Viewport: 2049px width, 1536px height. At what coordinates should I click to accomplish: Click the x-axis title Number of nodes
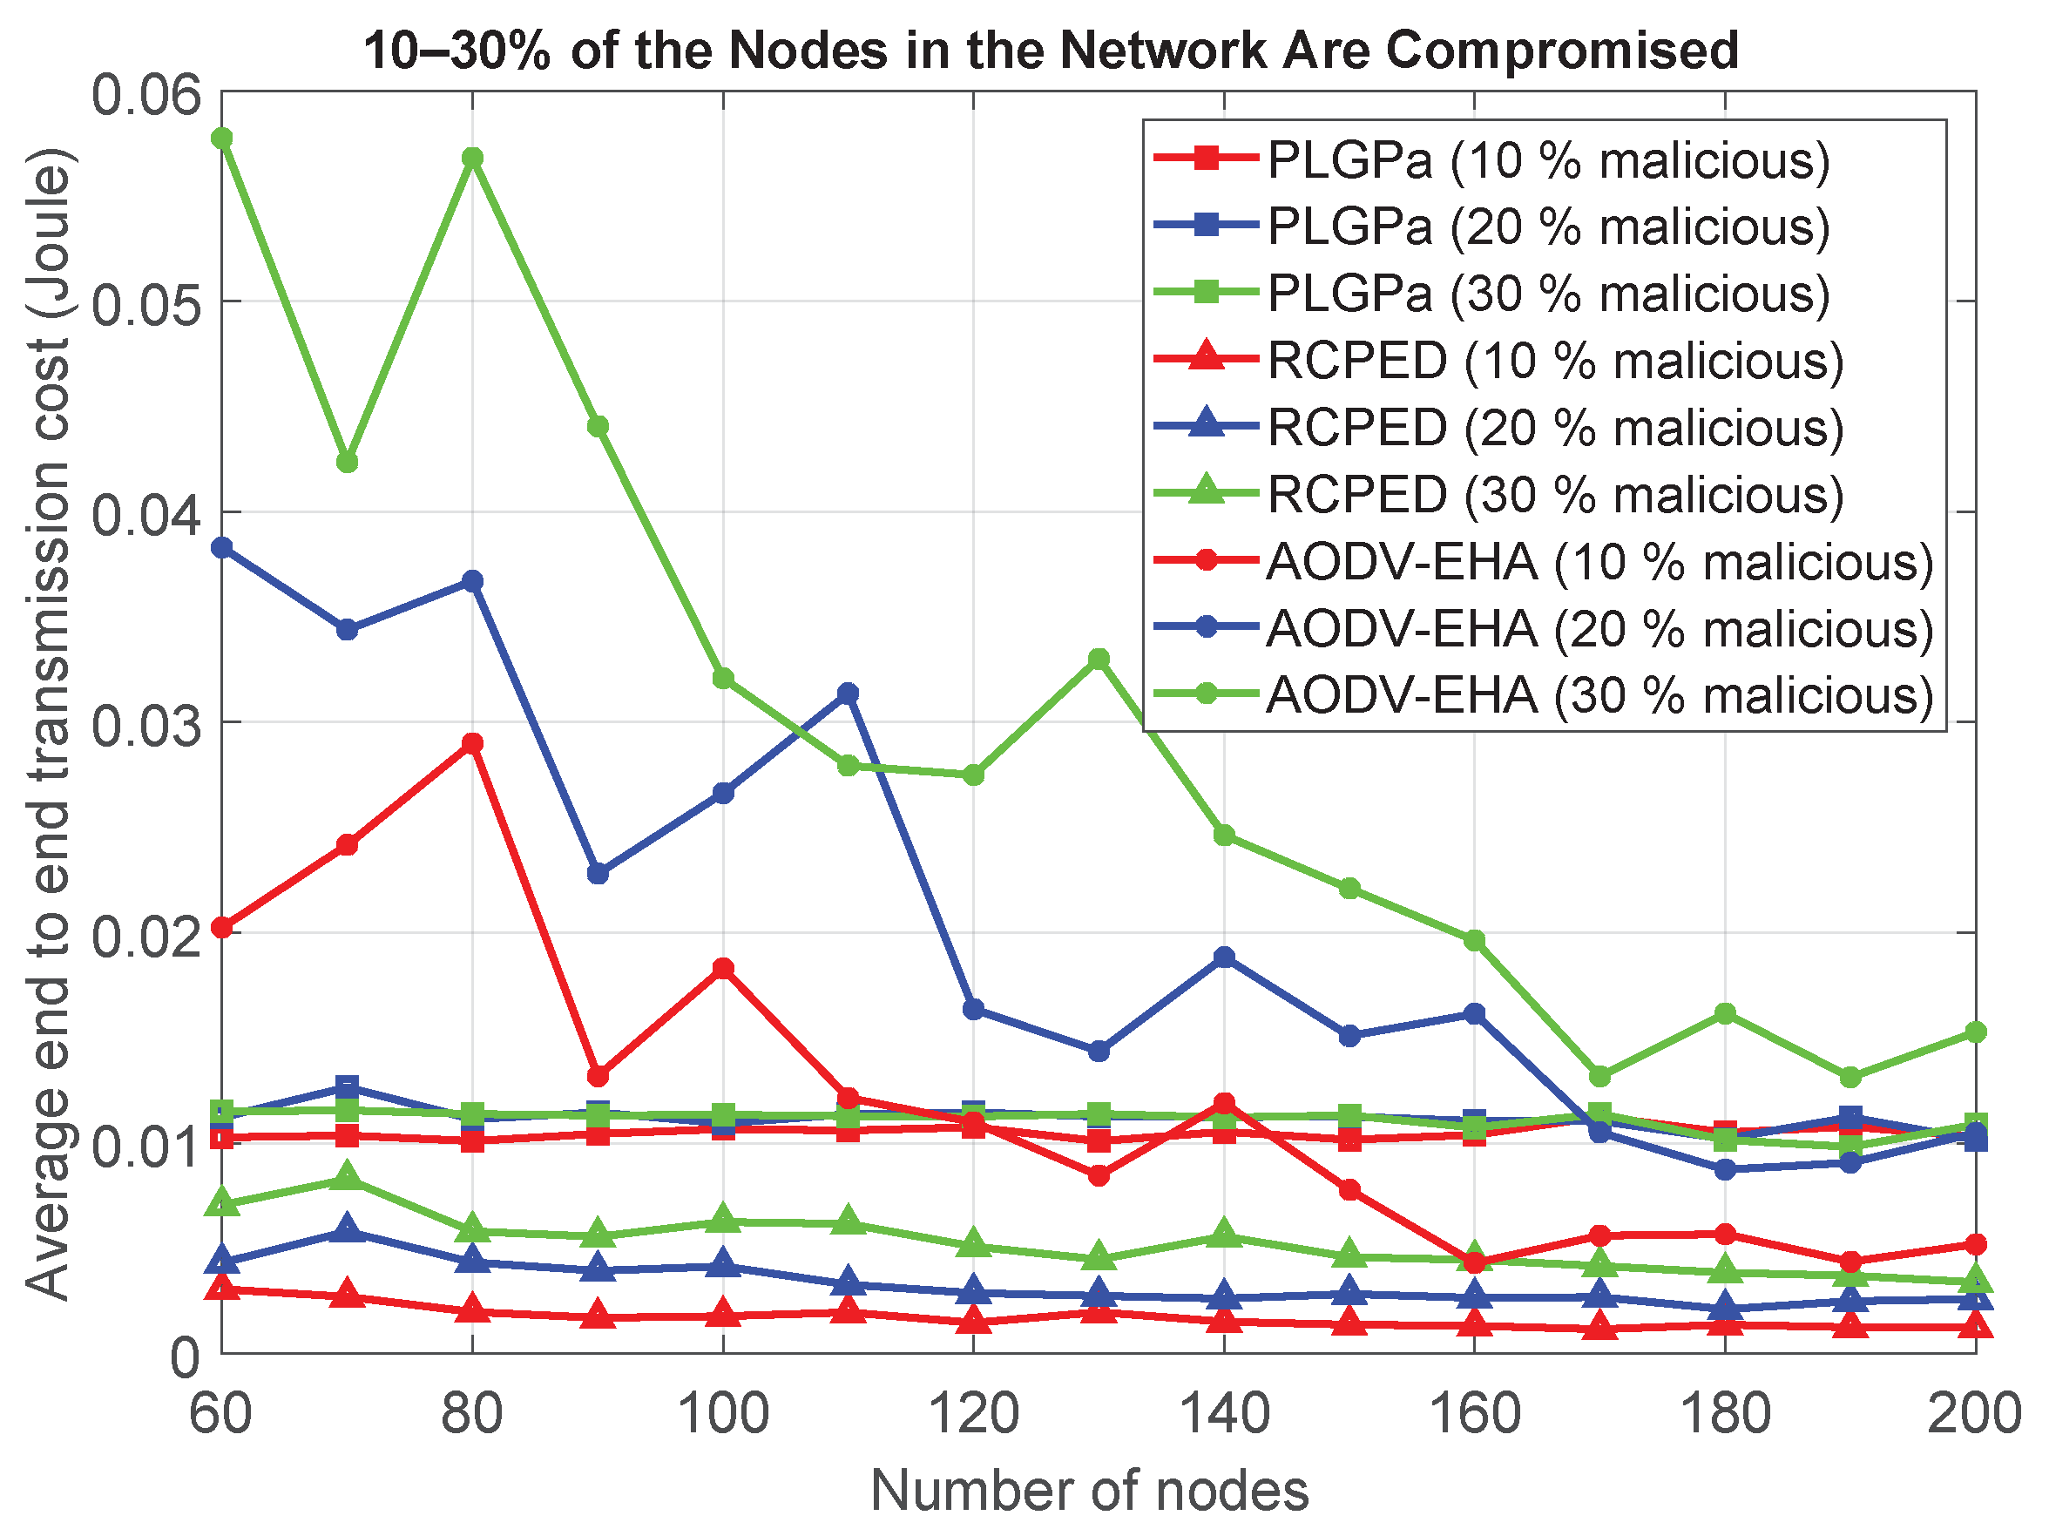[x=1089, y=1491]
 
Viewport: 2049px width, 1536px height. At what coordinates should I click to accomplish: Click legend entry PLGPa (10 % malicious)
[x=1548, y=160]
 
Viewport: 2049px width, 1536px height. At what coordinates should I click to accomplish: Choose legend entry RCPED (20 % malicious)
[x=1554, y=427]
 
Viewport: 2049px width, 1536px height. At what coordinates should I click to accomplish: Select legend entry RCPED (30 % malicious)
[x=1554, y=494]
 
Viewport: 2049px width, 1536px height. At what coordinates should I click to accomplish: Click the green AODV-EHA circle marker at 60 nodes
[x=222, y=138]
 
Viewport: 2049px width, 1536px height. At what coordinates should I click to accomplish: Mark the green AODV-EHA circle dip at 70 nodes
[x=348, y=462]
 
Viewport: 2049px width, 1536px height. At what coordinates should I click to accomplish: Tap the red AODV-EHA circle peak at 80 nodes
[x=472, y=743]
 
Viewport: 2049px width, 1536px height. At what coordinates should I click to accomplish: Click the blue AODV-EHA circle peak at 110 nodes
[x=848, y=693]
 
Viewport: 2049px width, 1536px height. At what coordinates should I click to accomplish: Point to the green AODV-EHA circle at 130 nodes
[x=1099, y=659]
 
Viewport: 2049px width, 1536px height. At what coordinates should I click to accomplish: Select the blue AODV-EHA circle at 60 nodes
[x=222, y=547]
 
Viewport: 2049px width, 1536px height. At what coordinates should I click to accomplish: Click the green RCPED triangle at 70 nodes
[x=348, y=1176]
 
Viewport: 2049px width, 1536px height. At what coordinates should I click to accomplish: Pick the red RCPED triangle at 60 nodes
[x=222, y=1286]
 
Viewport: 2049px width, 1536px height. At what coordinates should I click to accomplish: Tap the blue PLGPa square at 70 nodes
[x=348, y=1086]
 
